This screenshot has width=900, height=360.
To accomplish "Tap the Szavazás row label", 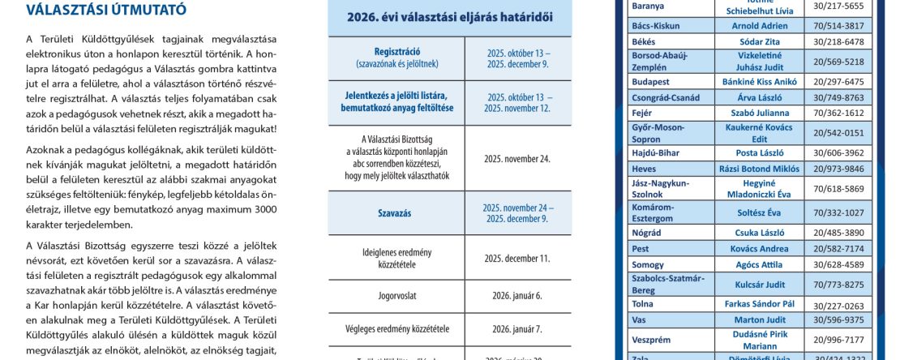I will click(x=396, y=213).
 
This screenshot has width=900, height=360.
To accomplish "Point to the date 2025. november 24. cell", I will click(x=517, y=158).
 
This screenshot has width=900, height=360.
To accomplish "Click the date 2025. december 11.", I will click(x=517, y=259).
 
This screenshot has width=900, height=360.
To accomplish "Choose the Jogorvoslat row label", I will click(x=396, y=297).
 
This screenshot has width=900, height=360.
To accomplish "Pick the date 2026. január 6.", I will click(x=517, y=297).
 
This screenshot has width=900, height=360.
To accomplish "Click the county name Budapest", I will click(x=650, y=82).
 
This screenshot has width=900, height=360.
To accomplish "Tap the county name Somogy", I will click(x=649, y=264).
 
